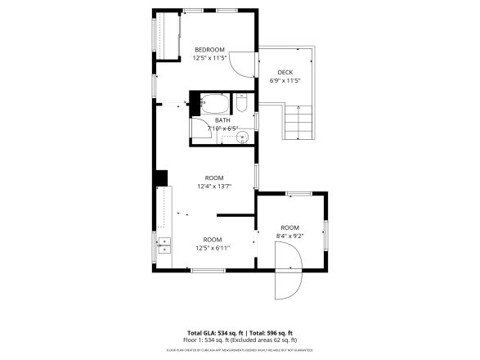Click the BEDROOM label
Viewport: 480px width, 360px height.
pyautogui.click(x=209, y=50)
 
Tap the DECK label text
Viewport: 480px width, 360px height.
pyautogui.click(x=285, y=72)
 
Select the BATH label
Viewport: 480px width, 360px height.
pyautogui.click(x=222, y=119)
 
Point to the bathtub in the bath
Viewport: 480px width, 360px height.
pyautogui.click(x=216, y=104)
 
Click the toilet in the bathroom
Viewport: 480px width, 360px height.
pyautogui.click(x=242, y=105)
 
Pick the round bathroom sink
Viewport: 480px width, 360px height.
pyautogui.click(x=242, y=137)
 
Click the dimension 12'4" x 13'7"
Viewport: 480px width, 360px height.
pyautogui.click(x=213, y=187)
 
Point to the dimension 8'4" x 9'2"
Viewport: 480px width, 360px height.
pyautogui.click(x=290, y=236)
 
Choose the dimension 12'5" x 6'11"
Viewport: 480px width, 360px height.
pyautogui.click(x=212, y=248)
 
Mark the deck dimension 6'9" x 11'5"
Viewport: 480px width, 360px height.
pyautogui.click(x=285, y=81)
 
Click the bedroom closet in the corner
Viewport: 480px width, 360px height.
pyautogui.click(x=169, y=37)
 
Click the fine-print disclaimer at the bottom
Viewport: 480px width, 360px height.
pyautogui.click(x=240, y=349)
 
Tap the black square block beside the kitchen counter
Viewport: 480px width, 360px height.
pyautogui.click(x=161, y=178)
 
